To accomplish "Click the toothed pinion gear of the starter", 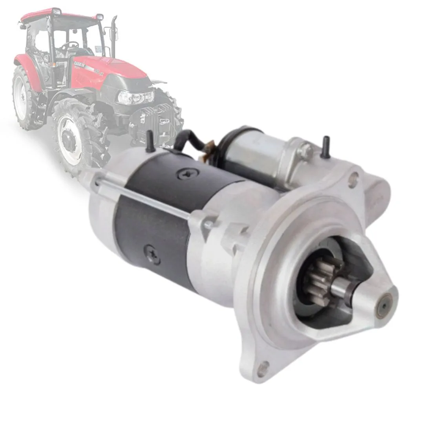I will coord(317,281).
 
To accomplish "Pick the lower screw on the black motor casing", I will coord(152,253).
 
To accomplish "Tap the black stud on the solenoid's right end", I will coord(325,147).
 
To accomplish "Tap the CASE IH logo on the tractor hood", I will coord(80,63).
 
